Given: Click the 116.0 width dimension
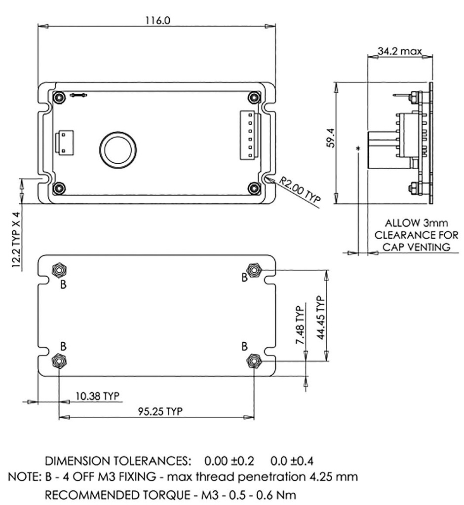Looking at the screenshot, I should (x=157, y=20).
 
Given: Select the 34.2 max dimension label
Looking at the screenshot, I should (x=399, y=51).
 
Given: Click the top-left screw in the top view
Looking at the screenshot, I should (x=59, y=97).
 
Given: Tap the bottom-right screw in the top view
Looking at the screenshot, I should (x=254, y=187).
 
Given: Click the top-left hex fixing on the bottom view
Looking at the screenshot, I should (x=60, y=270).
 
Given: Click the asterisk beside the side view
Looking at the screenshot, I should (x=357, y=148).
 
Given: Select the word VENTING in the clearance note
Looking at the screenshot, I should (x=429, y=247).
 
